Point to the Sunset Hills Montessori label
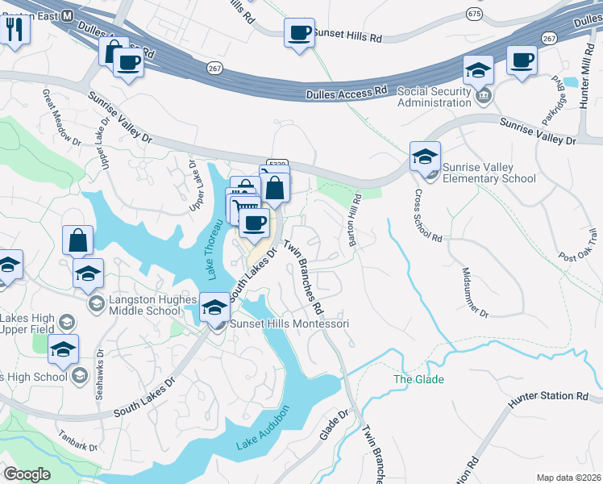click(x=289, y=323)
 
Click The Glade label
click(x=418, y=379)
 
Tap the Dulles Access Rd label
click(x=347, y=94)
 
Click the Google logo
click(x=27, y=474)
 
